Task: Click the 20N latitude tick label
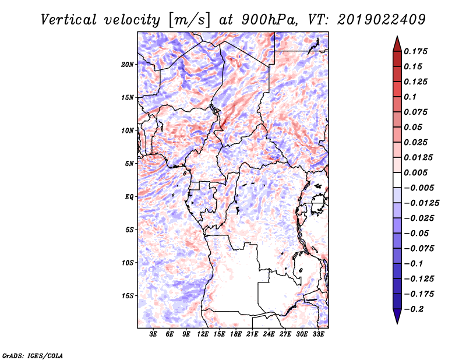(x=128, y=64)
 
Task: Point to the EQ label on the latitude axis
(x=129, y=197)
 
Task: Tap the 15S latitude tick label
(x=128, y=296)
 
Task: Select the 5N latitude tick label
(x=129, y=164)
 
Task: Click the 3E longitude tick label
(x=154, y=334)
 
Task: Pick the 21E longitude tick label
(x=253, y=334)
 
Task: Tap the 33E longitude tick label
(x=318, y=334)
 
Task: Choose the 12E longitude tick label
(x=203, y=334)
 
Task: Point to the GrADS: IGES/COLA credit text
(x=33, y=355)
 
